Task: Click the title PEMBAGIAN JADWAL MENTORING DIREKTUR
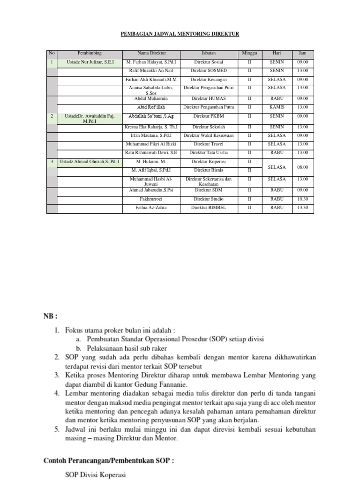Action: [x=180, y=34]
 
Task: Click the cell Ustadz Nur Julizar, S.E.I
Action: [x=90, y=62]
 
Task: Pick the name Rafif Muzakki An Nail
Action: [x=151, y=70]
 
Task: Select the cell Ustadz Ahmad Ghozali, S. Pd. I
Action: [x=90, y=161]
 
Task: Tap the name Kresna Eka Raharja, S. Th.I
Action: [x=151, y=127]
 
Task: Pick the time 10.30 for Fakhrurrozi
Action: [x=302, y=199]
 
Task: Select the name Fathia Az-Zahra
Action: [x=151, y=207]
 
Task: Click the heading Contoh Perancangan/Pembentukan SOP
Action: [x=109, y=460]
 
